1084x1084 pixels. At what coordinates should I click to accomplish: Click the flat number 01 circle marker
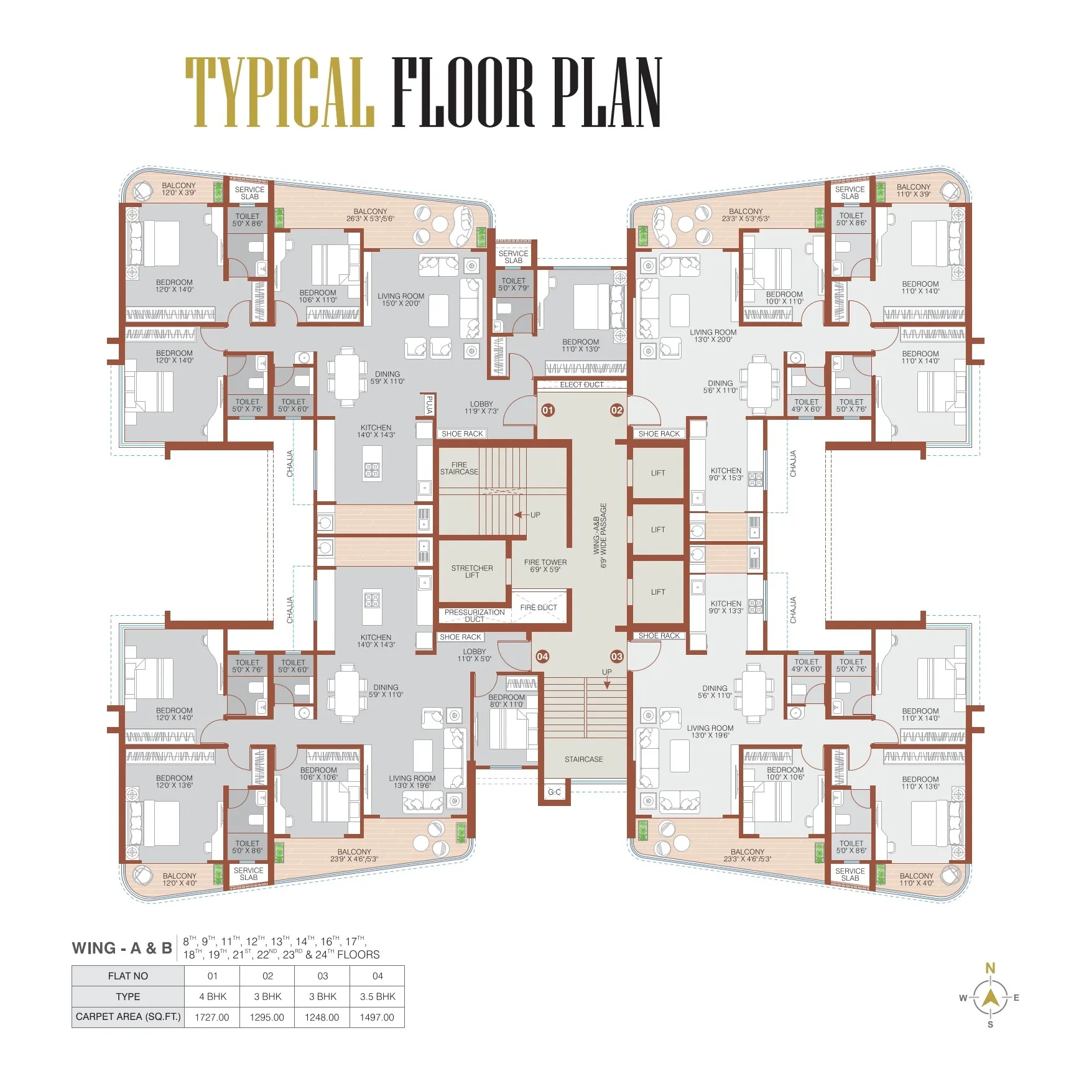tap(548, 410)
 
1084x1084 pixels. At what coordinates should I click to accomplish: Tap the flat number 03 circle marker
tap(616, 656)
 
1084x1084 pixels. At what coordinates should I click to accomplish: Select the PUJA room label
tap(429, 405)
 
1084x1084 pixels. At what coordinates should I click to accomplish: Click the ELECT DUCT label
tap(581, 384)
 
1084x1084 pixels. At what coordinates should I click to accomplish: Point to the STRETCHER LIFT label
tap(472, 572)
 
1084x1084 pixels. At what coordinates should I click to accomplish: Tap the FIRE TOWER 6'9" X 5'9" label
tap(545, 565)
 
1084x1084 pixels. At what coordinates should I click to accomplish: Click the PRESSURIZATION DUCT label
tap(475, 616)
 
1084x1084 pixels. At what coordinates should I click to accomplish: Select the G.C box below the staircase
tap(554, 792)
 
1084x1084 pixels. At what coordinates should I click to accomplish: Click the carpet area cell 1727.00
tap(212, 1017)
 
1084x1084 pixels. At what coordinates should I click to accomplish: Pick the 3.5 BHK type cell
tap(378, 996)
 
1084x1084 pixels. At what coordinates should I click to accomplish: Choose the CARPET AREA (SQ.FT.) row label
tap(128, 1017)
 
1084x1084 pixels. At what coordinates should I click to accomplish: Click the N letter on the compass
tap(990, 968)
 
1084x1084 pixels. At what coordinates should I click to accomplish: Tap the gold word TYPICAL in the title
tap(280, 92)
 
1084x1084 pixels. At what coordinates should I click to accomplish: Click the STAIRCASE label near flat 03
tap(584, 759)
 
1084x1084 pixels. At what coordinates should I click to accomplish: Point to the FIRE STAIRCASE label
tap(460, 468)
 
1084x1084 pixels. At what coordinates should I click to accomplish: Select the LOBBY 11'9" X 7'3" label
tap(481, 407)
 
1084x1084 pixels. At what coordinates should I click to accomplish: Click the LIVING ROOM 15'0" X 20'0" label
tap(401, 300)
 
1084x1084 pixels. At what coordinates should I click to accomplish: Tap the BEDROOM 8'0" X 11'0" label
tap(507, 701)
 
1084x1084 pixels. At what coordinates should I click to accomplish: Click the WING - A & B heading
tap(122, 948)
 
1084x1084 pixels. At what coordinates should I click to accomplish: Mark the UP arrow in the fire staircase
tap(521, 515)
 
